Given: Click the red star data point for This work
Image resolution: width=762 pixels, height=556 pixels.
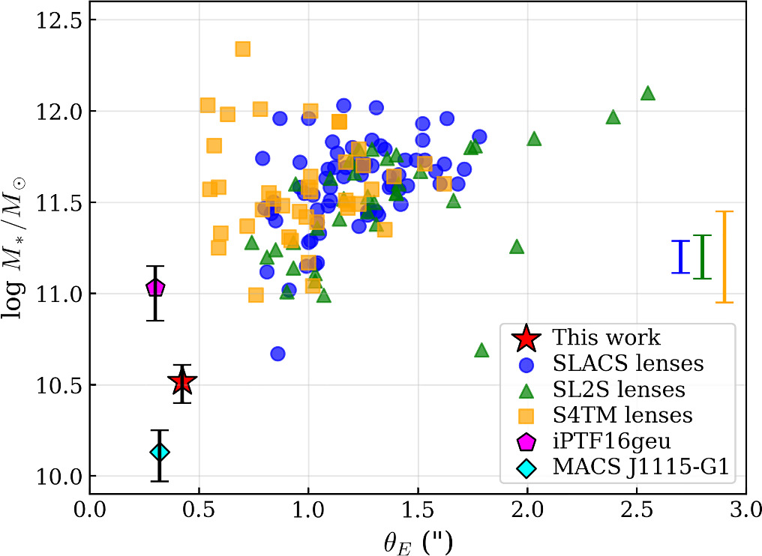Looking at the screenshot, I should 181,383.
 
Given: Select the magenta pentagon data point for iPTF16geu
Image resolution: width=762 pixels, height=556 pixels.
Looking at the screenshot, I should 155,287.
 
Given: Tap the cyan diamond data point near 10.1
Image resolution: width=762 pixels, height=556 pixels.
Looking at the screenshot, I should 159,452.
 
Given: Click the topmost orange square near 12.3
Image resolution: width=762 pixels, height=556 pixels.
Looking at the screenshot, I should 242,49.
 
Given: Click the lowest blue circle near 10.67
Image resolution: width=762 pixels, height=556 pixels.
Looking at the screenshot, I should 277,353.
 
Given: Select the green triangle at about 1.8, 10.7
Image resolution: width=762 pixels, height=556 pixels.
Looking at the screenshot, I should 481,350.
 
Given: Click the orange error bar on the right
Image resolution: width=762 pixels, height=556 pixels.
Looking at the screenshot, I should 724,257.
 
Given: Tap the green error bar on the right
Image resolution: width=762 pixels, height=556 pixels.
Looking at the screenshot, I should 702,257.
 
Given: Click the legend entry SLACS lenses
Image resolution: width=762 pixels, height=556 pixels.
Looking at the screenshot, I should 628,364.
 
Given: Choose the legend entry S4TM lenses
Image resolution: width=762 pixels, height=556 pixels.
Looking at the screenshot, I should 622,414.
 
